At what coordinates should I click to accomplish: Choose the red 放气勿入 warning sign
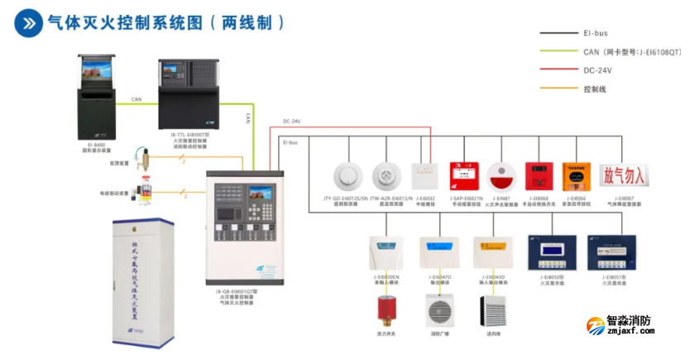625,176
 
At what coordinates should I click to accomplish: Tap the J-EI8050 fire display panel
556,252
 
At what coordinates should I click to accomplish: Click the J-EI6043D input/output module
490,250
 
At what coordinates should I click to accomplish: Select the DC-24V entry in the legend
597,70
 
